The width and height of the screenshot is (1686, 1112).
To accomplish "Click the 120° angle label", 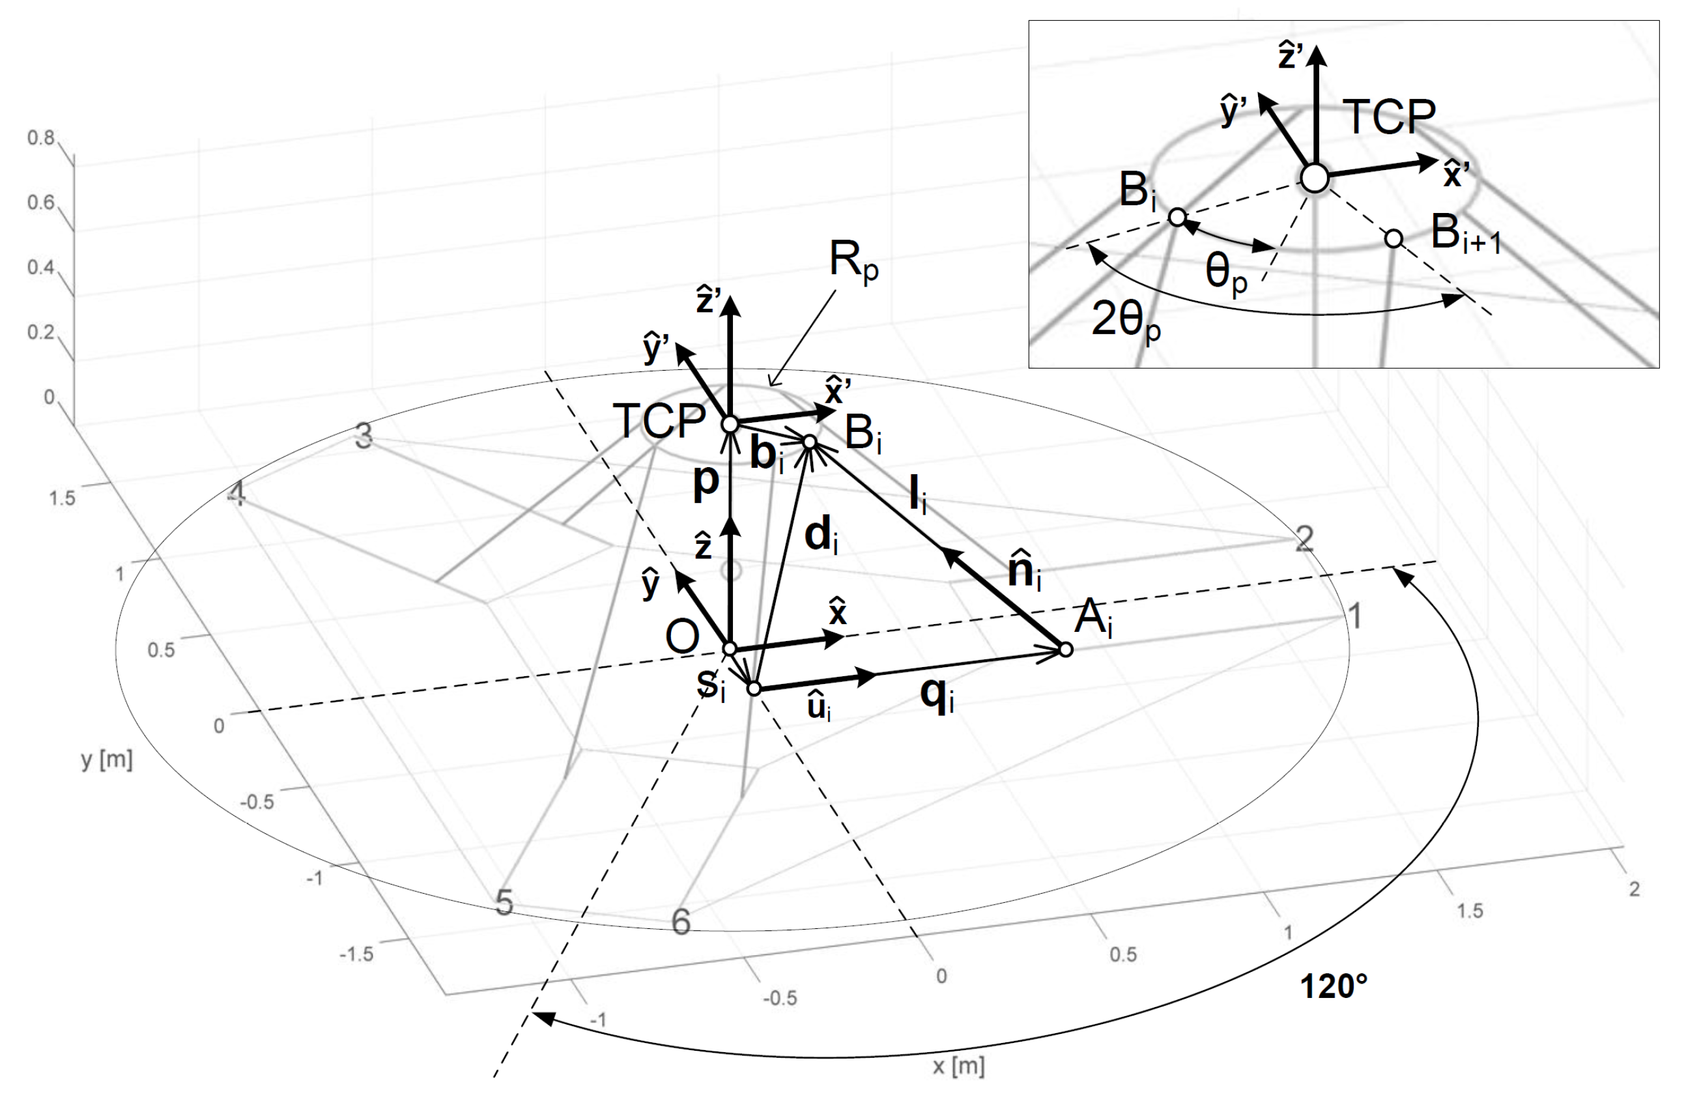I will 1333,986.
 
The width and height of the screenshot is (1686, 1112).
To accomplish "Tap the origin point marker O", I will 730,649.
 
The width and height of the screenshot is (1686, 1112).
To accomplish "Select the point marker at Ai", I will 1065,649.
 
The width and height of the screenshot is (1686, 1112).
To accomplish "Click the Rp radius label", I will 853,263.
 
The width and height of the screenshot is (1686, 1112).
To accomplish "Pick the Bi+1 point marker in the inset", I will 1393,239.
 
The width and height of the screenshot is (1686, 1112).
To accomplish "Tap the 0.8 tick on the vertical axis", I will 40,137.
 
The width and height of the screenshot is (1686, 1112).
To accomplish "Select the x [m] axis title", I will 958,1066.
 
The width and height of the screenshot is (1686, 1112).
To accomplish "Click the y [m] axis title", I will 107,760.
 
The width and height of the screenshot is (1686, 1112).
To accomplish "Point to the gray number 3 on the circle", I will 364,437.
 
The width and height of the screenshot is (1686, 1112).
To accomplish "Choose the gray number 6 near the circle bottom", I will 681,922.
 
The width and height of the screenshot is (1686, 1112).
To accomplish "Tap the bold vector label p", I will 706,482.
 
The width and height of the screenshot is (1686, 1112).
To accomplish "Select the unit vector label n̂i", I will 1025,569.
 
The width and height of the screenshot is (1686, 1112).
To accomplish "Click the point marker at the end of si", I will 754,689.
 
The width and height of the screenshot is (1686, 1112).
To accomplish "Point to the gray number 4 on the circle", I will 236,494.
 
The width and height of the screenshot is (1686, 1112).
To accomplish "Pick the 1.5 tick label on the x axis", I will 1470,911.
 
